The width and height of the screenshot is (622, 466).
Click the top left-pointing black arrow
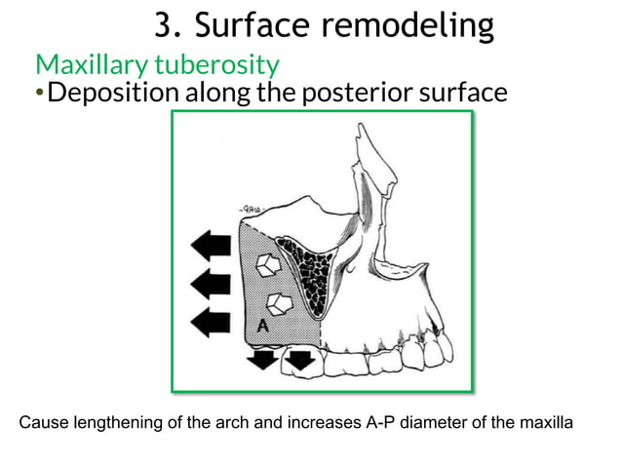tap(212, 245)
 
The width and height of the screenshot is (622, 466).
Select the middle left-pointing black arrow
tap(212, 285)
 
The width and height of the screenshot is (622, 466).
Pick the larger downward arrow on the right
tap(300, 360)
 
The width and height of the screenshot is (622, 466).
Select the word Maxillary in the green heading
tap(89, 66)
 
